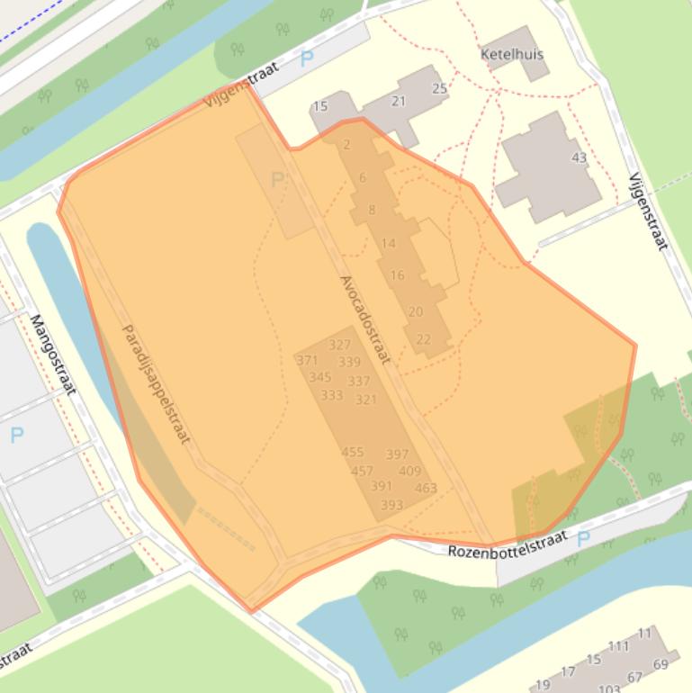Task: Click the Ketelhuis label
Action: [512, 54]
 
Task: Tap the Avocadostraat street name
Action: [365, 319]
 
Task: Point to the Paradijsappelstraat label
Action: [156, 384]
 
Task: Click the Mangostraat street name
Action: [53, 355]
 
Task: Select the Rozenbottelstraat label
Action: [508, 543]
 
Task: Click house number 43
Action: [579, 157]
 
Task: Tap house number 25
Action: [439, 88]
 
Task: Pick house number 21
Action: [399, 101]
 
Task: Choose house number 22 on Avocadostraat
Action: [423, 339]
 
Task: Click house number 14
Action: [388, 243]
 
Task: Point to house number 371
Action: [307, 361]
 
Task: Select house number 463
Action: [426, 489]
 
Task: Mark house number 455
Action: [353, 453]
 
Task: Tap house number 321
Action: [365, 400]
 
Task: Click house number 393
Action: [391, 505]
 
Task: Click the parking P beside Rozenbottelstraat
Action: [582, 538]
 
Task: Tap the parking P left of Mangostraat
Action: [16, 436]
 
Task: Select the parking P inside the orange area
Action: [277, 179]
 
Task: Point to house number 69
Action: [661, 665]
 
